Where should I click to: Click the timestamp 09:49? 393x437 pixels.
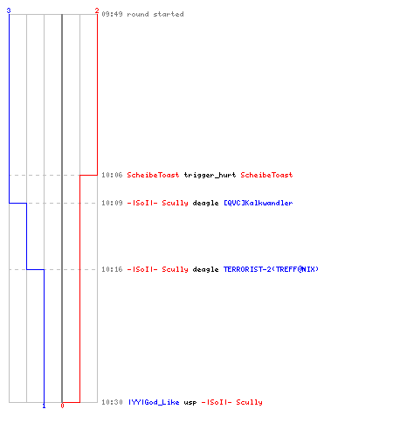click(x=112, y=14)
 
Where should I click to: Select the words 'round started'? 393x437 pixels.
click(x=155, y=14)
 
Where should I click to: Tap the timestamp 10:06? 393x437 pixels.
click(x=112, y=175)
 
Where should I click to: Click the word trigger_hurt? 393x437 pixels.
click(x=210, y=175)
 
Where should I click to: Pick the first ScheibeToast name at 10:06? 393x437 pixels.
click(x=153, y=175)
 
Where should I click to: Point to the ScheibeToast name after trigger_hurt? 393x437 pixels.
click(x=266, y=175)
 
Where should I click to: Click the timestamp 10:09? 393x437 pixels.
click(x=112, y=203)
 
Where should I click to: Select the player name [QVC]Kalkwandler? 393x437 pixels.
click(x=259, y=203)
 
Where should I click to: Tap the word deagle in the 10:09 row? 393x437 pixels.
click(x=205, y=203)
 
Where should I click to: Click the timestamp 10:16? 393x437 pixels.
click(x=112, y=269)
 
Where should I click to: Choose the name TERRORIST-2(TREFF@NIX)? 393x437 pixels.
click(x=271, y=269)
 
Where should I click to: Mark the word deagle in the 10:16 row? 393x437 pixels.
click(x=205, y=269)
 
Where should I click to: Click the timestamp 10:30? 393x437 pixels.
click(x=112, y=402)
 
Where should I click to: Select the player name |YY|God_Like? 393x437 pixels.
click(x=154, y=402)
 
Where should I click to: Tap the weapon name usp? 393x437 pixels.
click(x=190, y=403)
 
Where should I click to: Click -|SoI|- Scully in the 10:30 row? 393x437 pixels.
click(x=232, y=402)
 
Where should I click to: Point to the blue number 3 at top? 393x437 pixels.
click(x=9, y=10)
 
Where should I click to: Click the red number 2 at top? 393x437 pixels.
click(x=97, y=10)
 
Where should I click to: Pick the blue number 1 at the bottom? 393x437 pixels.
click(x=44, y=406)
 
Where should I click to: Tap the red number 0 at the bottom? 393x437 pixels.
click(x=62, y=406)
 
